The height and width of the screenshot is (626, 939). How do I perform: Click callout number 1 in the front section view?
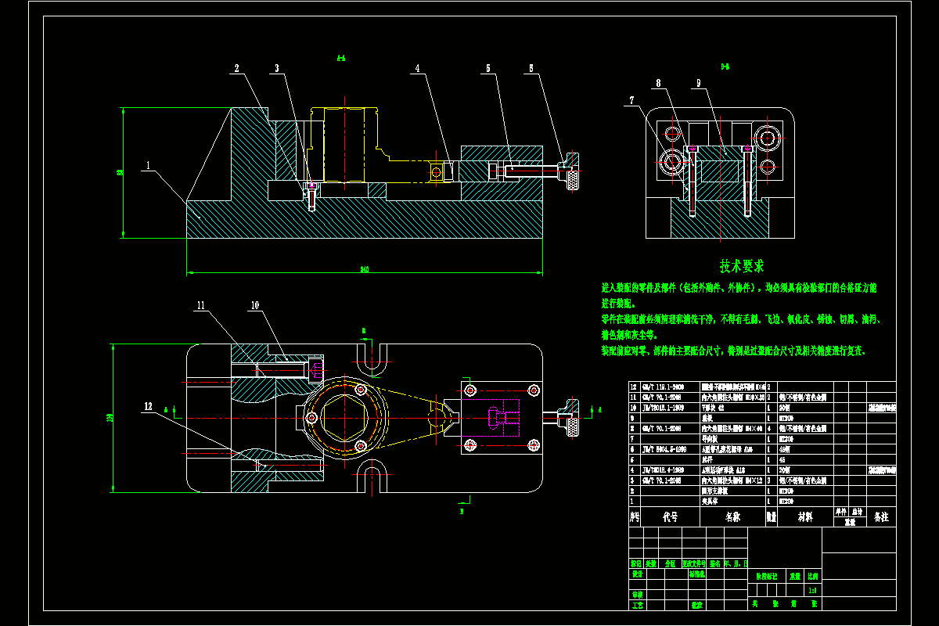click(146, 166)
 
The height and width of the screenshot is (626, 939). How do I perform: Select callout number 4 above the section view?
click(418, 69)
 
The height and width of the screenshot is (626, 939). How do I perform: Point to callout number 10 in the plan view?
click(254, 305)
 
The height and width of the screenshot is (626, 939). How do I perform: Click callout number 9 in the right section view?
click(698, 82)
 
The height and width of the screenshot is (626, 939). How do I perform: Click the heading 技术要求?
click(742, 266)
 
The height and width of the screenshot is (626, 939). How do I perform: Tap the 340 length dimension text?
click(365, 269)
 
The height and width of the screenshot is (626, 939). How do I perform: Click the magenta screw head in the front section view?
click(312, 185)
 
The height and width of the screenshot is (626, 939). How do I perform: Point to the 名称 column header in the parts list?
click(732, 517)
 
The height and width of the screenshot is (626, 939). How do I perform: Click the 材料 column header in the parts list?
click(805, 517)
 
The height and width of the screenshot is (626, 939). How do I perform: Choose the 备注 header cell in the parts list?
click(880, 517)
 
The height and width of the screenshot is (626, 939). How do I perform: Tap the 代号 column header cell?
click(670, 517)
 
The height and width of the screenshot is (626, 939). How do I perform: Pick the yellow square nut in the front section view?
click(436, 170)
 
